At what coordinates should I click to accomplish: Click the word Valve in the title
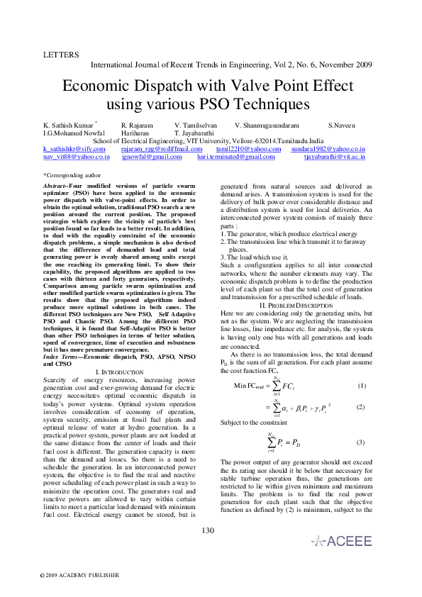tap(249, 87)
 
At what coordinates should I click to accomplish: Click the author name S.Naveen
tap(344, 125)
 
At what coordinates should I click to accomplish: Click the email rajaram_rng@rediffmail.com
tap(162, 149)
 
